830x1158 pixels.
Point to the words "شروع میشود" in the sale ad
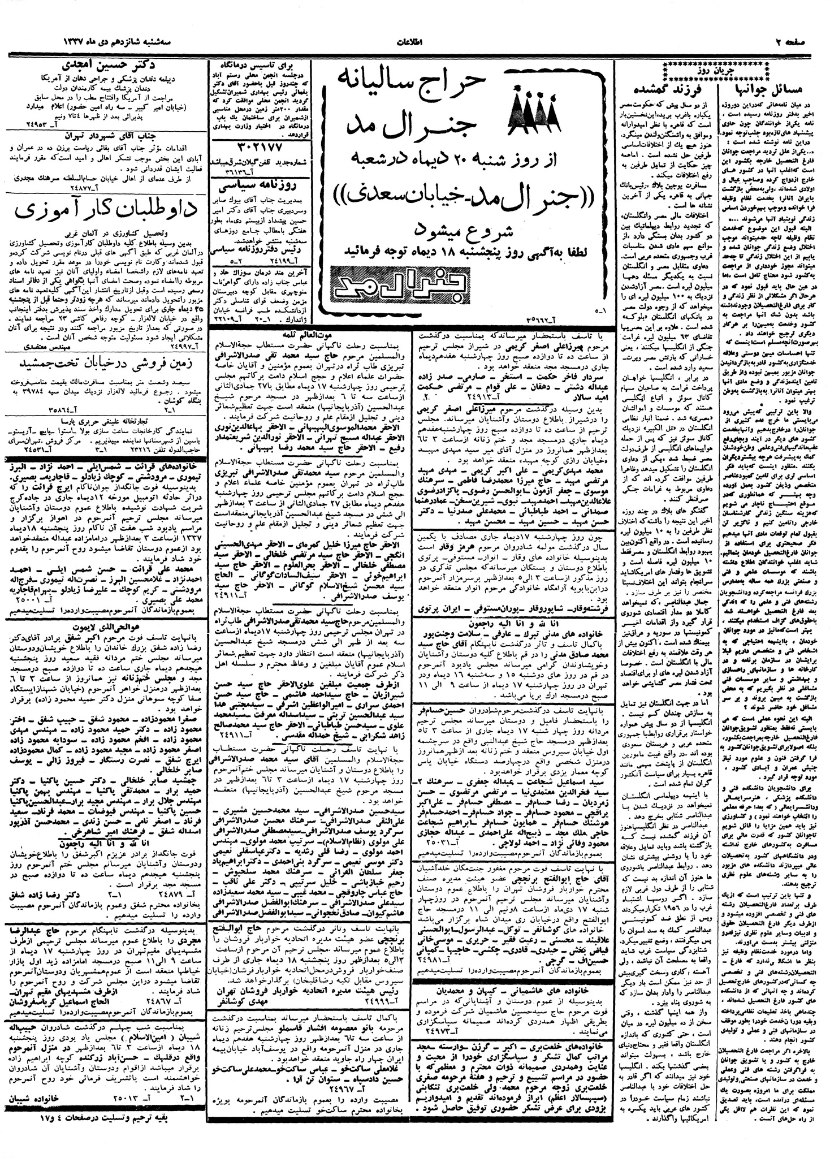(469, 229)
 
